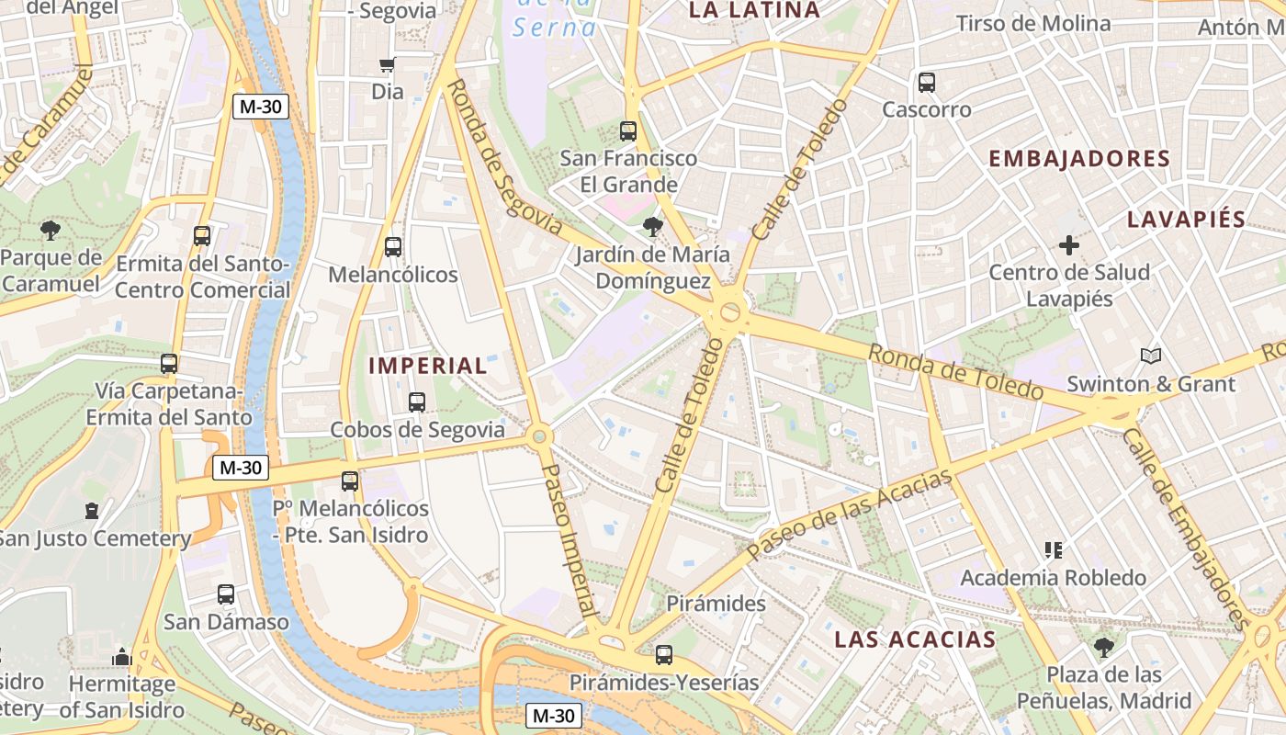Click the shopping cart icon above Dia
[388, 64]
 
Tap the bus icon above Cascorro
[927, 83]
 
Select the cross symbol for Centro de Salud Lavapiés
[1069, 245]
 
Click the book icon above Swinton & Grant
[1150, 356]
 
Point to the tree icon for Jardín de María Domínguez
[653, 225]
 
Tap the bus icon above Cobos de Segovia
[417, 401]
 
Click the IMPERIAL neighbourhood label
[428, 365]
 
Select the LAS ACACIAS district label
[915, 639]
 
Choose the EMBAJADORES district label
[1079, 158]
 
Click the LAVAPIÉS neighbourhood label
[1186, 220]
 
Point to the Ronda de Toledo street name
[955, 371]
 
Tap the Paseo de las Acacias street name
[850, 514]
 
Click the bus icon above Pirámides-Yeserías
[664, 655]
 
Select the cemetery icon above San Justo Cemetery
[92, 510]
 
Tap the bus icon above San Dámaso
[226, 594]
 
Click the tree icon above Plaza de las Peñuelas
[1104, 647]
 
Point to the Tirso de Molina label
[1033, 23]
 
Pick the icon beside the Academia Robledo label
[1054, 550]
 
